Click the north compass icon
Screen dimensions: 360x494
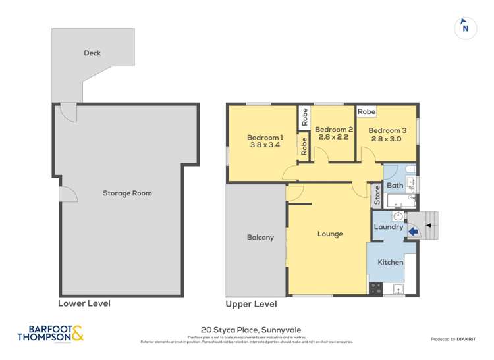pos(466,28)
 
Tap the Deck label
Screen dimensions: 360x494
pos(92,53)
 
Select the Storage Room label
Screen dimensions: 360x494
pos(127,193)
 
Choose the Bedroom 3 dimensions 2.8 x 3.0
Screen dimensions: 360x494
pos(386,139)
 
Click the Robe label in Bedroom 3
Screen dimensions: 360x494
pos(367,112)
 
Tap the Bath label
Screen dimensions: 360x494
pos(395,186)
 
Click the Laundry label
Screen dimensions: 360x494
pos(389,227)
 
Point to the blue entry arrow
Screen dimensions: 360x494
pos(413,231)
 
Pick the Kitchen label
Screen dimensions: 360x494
pos(390,262)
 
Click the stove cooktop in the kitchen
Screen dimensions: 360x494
pos(376,288)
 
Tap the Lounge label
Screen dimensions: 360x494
pos(330,234)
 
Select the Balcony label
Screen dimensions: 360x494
pos(260,238)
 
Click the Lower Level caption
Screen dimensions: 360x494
pos(84,303)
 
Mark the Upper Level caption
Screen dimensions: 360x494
pos(251,304)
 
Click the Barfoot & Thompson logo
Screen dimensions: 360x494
pos(51,334)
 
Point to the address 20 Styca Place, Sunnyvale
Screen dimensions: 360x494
pos(247,330)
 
